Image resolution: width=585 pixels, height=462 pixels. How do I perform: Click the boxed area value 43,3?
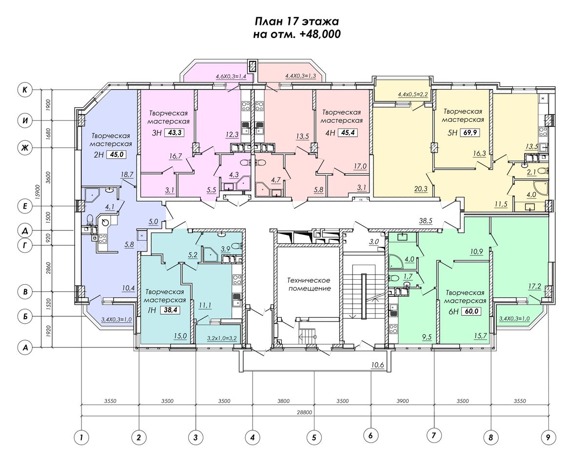[x=176, y=133]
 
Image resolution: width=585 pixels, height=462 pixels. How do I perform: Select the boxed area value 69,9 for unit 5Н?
[x=469, y=133]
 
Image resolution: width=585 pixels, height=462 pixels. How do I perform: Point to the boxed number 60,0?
[x=471, y=311]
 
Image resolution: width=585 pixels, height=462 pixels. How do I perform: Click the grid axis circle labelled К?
[x=25, y=90]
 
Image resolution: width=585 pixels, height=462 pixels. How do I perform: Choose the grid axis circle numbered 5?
[x=314, y=438]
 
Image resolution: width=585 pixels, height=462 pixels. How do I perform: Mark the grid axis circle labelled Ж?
[x=25, y=148]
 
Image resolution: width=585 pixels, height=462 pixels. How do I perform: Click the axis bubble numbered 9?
[x=548, y=438]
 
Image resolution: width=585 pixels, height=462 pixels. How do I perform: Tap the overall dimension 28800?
[x=305, y=412]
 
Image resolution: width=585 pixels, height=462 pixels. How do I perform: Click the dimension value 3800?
[x=284, y=401]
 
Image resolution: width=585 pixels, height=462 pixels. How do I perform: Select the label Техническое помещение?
[x=310, y=284]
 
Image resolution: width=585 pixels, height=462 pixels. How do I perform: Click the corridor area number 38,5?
[x=426, y=221]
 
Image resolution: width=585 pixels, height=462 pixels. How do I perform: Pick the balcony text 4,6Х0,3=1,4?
[x=231, y=77]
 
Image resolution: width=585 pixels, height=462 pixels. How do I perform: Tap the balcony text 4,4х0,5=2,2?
[x=413, y=94]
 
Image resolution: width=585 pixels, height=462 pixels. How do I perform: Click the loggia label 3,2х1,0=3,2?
[x=222, y=338]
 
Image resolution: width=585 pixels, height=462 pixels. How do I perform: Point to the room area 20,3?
[x=421, y=189]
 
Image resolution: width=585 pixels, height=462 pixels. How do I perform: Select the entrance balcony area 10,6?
[x=378, y=365]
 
